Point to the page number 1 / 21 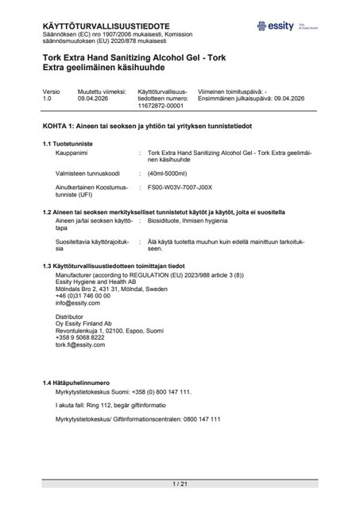[179, 484]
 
